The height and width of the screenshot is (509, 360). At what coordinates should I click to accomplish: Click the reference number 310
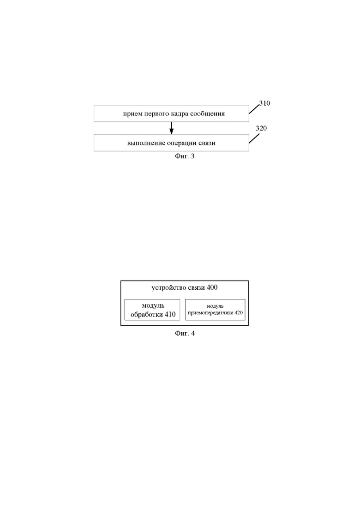[265, 103]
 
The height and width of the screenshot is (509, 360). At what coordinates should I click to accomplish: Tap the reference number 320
[261, 128]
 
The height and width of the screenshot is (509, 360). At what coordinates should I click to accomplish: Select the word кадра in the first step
[180, 114]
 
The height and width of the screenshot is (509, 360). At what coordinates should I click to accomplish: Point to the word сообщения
[208, 114]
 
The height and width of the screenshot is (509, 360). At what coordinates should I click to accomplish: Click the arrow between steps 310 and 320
[171, 128]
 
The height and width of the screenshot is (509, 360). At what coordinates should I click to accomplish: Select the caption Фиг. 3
[185, 156]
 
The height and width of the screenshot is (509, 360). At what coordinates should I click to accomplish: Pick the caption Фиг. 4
[185, 333]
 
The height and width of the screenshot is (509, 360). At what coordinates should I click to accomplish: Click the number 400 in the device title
[212, 287]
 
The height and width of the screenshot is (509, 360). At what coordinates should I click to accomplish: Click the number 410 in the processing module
[170, 315]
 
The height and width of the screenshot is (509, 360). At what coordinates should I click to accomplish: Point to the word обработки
[146, 315]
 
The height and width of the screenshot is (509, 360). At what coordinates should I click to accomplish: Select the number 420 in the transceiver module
[239, 313]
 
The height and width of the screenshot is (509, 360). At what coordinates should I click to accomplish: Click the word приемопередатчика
[210, 313]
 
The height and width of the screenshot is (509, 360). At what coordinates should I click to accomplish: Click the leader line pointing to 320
[254, 138]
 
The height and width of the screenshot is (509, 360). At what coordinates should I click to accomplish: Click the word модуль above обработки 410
[153, 306]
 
